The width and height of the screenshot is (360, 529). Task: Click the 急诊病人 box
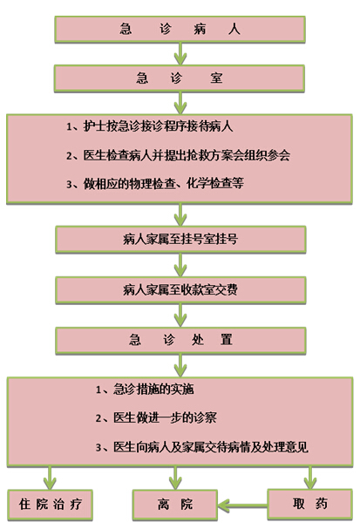point(180,29)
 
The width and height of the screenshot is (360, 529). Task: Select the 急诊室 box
point(180,78)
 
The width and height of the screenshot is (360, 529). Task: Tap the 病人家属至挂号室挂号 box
point(180,239)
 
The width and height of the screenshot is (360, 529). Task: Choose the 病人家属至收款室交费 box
point(180,290)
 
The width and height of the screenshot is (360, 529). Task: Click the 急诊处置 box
point(180,340)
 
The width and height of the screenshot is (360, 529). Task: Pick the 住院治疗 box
point(50,505)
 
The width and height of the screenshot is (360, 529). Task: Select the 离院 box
point(175,505)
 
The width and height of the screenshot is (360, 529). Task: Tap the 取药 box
point(309,504)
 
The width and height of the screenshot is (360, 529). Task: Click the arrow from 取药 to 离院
point(242,505)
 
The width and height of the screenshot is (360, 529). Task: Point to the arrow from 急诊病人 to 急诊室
point(180,54)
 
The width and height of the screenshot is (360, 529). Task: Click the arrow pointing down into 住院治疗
point(50,478)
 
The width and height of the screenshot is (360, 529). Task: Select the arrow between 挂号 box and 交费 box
point(180,265)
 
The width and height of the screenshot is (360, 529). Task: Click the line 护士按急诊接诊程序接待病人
point(149,126)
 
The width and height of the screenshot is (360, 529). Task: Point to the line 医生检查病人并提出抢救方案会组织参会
point(178,155)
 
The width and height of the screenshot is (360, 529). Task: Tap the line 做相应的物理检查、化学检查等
point(155,184)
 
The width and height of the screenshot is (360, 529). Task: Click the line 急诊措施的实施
point(145,390)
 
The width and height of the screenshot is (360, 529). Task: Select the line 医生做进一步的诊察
point(156,418)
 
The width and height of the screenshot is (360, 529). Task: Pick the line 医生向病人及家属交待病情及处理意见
point(201,447)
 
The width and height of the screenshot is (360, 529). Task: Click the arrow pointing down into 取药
point(310,478)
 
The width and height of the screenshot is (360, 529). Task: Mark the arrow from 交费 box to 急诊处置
point(180,315)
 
